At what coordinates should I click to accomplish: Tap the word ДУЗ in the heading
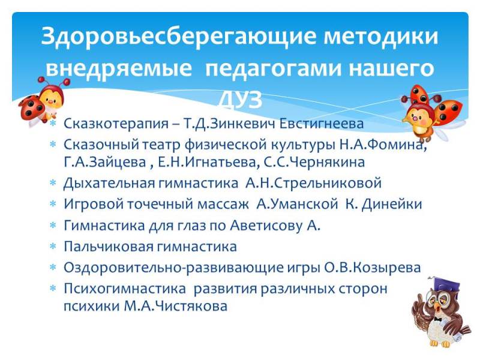241,100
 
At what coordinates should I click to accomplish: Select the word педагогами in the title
273,68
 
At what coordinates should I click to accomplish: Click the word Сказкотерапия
116,124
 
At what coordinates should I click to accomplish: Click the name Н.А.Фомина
383,145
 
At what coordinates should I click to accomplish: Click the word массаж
223,205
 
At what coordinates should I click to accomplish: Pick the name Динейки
392,204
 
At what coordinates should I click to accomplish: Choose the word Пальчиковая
109,247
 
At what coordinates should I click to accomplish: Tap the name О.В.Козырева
373,268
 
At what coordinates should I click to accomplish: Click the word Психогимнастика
125,289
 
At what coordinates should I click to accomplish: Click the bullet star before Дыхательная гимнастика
53,183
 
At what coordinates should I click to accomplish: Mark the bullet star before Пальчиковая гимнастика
53,246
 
